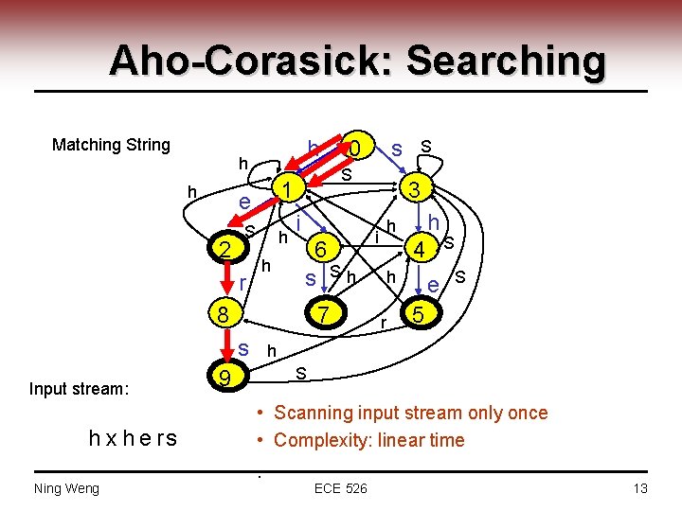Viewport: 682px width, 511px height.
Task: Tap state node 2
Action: [224, 250]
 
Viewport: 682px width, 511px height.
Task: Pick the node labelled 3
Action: [414, 189]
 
